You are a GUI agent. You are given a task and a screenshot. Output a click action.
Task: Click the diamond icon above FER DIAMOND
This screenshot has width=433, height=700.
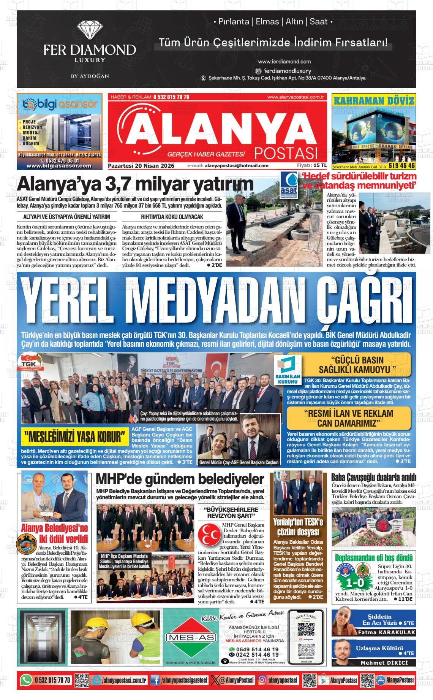point(90,30)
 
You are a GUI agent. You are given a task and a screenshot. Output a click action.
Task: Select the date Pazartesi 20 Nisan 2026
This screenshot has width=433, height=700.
point(141,166)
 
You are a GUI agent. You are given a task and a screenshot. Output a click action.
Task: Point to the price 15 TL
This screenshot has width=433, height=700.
point(320,165)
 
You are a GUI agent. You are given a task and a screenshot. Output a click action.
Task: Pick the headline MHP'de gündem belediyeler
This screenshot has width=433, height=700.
point(180,479)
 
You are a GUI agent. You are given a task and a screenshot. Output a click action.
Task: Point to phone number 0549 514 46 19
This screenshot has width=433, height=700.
point(256,649)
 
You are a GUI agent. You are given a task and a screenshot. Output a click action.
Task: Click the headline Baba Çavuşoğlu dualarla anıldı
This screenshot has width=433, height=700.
point(374,477)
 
